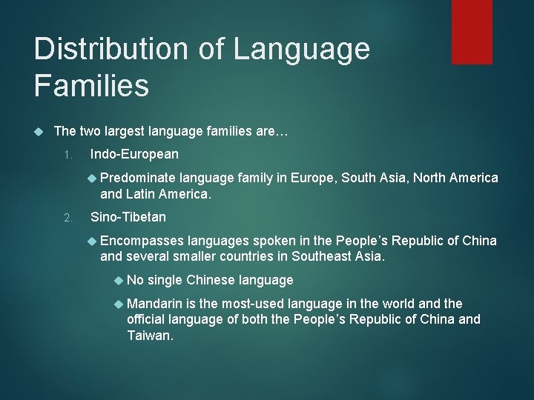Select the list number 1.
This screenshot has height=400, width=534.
tap(67, 155)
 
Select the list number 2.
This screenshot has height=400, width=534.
tap(67, 218)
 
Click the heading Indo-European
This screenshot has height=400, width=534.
tap(134, 154)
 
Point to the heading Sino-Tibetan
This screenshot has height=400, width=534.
tap(128, 217)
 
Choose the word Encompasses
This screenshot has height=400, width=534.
tap(142, 241)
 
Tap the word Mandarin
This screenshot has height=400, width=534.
tap(155, 304)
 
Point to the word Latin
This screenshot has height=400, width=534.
tap(140, 194)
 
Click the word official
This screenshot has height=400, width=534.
tap(147, 319)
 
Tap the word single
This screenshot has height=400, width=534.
tap(166, 280)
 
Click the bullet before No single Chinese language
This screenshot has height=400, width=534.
tap(119, 280)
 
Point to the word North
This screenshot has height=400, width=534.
tap(431, 178)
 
